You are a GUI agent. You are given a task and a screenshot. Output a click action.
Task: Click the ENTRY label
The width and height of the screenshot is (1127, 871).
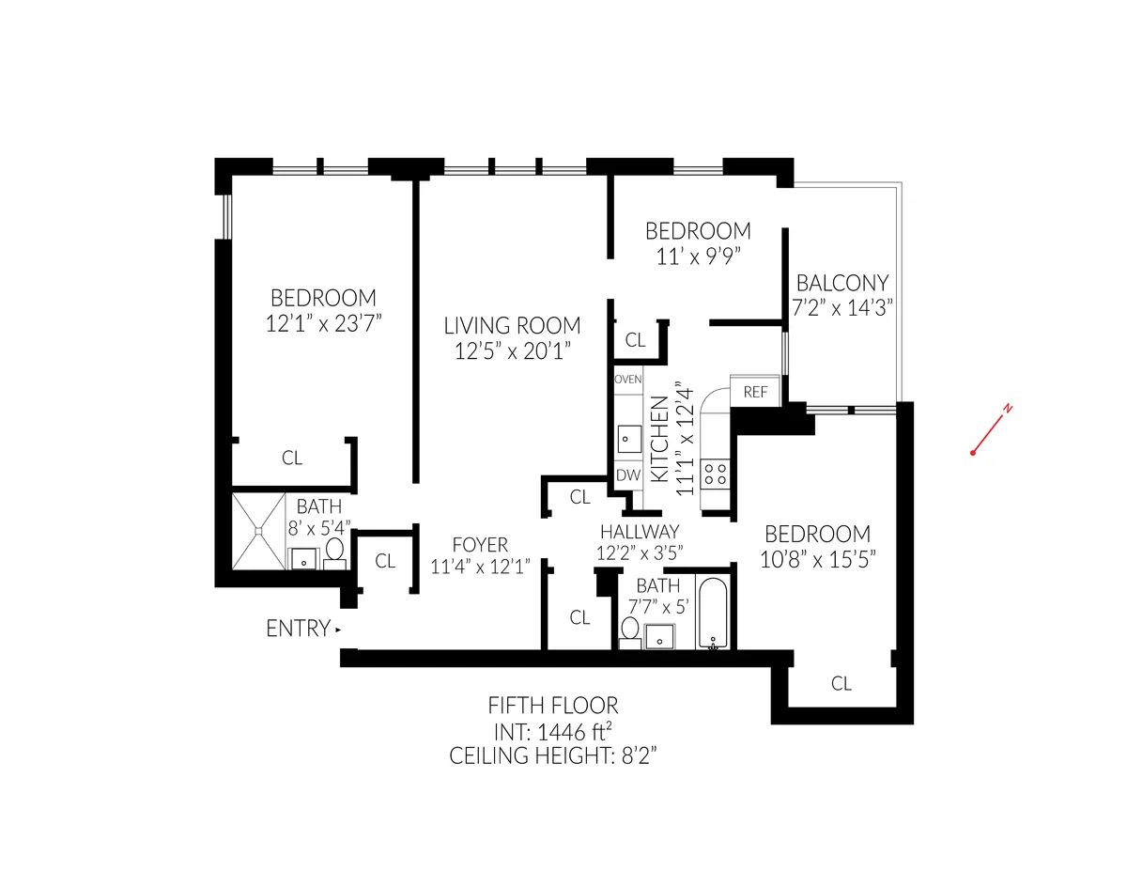tap(299, 629)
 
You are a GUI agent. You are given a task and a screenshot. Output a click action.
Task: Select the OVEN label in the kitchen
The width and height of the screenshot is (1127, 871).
tap(627, 380)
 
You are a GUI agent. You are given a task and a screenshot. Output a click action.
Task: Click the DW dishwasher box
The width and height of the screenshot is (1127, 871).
tap(627, 475)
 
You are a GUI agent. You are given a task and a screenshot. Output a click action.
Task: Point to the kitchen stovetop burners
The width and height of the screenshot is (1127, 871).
tap(715, 471)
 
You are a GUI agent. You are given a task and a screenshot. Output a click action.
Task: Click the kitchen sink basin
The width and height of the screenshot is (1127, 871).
tap(627, 437)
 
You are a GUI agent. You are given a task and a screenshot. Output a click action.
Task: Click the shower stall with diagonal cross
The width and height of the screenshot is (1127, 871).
tap(257, 532)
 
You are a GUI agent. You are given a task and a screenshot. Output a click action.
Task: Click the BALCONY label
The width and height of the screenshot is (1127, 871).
tap(842, 283)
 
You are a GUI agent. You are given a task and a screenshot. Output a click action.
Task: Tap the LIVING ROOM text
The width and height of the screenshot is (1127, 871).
tap(512, 326)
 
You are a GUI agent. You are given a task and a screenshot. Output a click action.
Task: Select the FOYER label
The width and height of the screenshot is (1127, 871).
tap(480, 545)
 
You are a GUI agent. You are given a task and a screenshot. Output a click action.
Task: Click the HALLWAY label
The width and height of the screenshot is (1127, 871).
tap(640, 532)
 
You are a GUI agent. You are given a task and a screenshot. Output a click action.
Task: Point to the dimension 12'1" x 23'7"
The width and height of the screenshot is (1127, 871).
tap(323, 322)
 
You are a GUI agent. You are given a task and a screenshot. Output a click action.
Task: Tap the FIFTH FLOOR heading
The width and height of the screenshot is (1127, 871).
tap(553, 706)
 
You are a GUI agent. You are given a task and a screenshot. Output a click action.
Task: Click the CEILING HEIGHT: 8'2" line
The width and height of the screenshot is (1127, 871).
tap(553, 754)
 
